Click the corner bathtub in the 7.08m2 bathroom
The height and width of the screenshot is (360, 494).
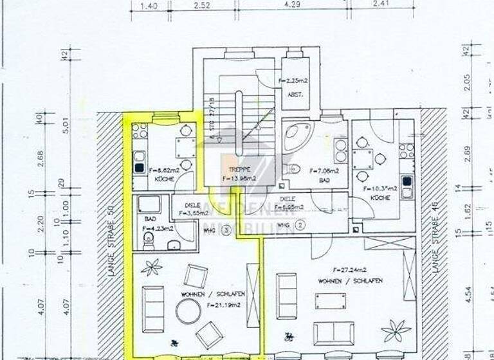pyautogui.click(x=295, y=136)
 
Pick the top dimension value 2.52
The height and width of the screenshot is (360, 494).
pyautogui.click(x=203, y=6)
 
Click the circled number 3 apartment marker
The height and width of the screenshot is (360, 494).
pyautogui.click(x=226, y=229)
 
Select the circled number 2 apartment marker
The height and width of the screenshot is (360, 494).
pyautogui.click(x=300, y=226)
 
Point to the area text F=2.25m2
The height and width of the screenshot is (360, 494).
pyautogui.click(x=294, y=82)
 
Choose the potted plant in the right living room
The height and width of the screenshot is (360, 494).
pyautogui.click(x=395, y=330)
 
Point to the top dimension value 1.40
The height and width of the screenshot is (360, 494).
pyautogui.click(x=149, y=6)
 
